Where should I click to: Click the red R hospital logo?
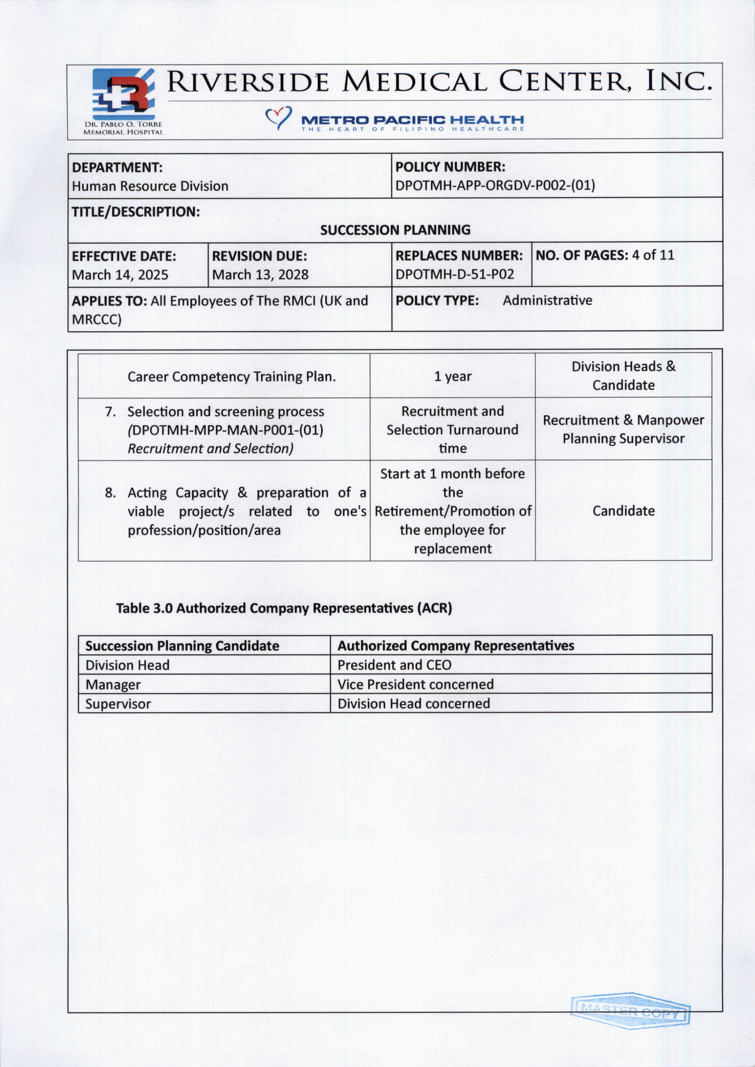(x=124, y=95)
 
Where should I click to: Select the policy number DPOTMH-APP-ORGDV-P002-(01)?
(x=495, y=185)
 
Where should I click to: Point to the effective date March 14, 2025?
(x=120, y=275)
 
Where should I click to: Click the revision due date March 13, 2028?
(x=260, y=275)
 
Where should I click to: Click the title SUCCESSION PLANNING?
(x=395, y=230)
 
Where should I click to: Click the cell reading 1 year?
(x=452, y=376)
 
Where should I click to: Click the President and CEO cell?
(x=394, y=665)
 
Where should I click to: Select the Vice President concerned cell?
(x=415, y=685)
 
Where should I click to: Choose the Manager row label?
(x=113, y=685)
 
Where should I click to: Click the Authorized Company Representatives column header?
(x=456, y=646)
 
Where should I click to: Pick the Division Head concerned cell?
(x=413, y=704)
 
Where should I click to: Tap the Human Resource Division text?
(x=150, y=187)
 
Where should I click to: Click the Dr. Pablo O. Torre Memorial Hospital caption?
(x=123, y=128)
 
